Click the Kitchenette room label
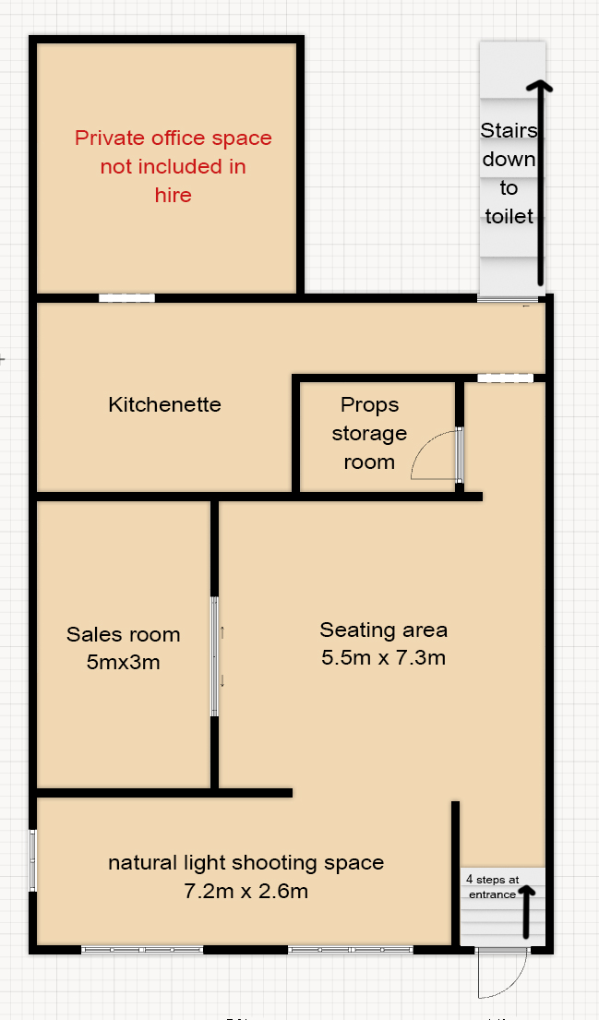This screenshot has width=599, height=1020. point(164,404)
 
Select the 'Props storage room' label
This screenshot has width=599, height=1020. point(369,433)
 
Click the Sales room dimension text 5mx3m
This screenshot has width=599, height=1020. point(124,662)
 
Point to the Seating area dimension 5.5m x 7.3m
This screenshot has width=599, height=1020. point(384,657)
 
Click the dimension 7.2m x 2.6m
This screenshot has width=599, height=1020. point(246,891)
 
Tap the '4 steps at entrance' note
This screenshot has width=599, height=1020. point(492,887)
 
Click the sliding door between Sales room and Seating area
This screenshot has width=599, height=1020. point(214,656)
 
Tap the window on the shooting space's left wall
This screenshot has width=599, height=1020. point(33,860)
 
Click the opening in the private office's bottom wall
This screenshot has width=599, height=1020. point(126,298)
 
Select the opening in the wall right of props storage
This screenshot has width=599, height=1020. point(506,378)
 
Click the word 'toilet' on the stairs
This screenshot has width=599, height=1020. point(509,216)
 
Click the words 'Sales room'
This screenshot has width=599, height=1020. point(124,634)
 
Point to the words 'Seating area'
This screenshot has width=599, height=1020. point(384,630)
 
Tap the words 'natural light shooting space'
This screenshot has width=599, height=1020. point(246,863)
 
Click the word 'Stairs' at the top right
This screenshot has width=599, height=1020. point(509,130)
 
